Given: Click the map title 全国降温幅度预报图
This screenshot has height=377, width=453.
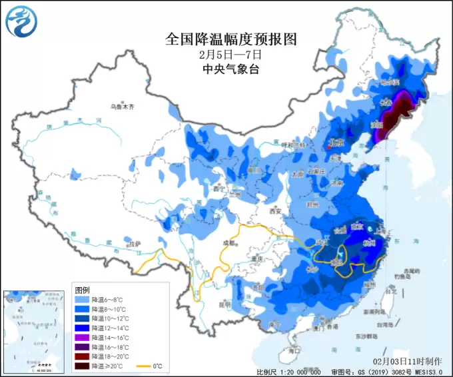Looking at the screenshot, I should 230,39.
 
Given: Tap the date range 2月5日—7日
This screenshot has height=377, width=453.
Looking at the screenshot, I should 230,55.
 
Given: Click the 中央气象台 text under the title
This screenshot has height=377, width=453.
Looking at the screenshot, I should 230,69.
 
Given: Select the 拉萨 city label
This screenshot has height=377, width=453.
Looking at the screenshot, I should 135,244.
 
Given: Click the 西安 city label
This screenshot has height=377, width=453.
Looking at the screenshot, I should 276,211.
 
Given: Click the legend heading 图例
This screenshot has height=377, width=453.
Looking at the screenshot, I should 82,290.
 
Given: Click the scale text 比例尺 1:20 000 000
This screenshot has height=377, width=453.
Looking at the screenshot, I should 289,372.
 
